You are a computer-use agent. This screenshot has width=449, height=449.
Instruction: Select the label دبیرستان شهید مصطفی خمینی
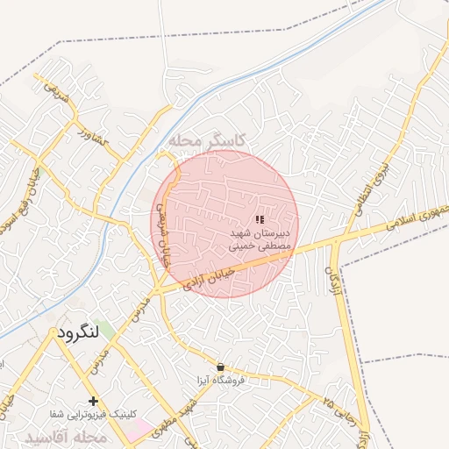(260, 241)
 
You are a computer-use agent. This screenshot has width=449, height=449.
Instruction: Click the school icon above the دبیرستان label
(260, 219)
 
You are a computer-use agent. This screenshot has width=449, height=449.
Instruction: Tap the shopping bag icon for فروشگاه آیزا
(220, 367)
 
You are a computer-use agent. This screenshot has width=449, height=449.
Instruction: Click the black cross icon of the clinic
(94, 401)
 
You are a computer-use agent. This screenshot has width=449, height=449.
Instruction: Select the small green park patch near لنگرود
(106, 331)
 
